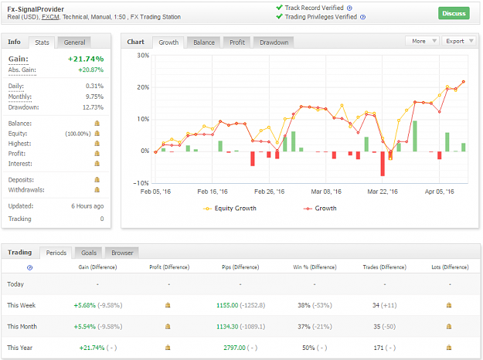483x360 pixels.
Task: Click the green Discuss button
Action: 454,13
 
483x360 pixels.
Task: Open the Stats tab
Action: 42,42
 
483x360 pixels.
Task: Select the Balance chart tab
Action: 204,42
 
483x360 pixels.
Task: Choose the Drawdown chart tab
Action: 274,42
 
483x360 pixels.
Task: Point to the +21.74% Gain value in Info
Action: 86,59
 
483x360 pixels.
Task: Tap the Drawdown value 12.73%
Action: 93,107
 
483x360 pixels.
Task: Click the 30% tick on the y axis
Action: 143,56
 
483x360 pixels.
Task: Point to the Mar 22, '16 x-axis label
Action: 383,192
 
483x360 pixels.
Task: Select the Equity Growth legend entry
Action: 230,209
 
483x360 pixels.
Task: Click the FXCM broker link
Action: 50,17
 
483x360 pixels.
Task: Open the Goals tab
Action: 89,253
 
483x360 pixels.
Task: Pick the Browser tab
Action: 122,253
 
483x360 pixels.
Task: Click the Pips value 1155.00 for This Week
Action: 227,305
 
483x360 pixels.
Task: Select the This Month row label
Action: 22,327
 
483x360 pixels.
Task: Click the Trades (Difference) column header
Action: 384,267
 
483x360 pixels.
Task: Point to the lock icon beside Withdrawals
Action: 97,190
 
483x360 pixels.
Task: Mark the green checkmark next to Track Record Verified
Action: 279,8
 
